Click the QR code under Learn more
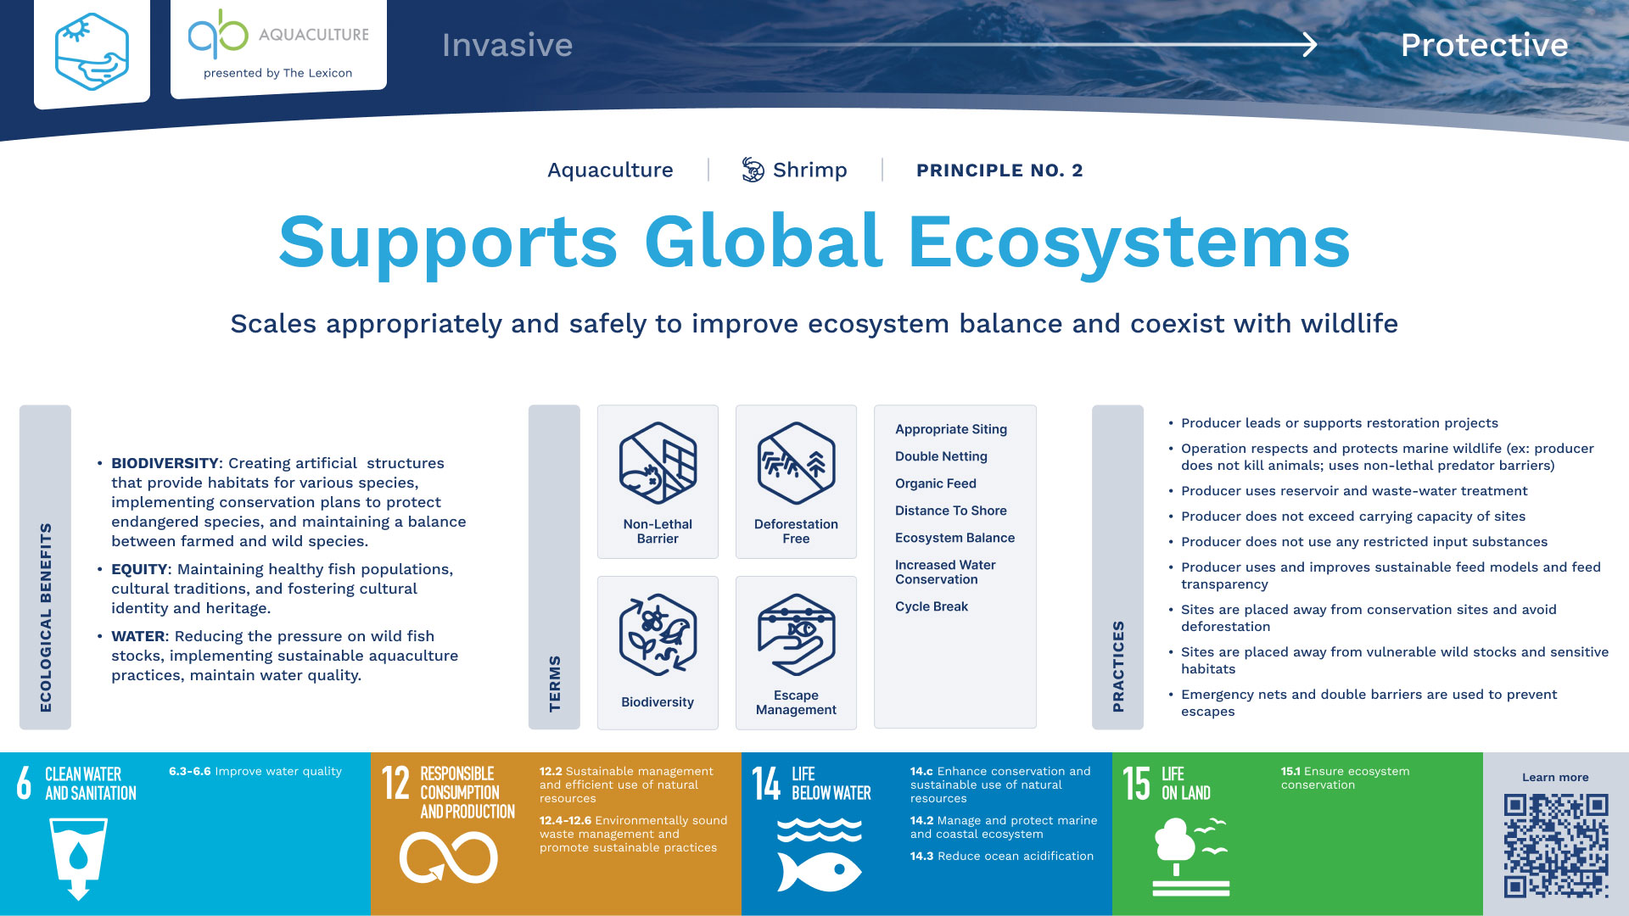1555,845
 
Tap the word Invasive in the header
507,45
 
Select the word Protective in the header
1484,45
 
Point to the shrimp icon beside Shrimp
753,170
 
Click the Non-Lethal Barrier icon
658,463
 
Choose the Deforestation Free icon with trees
796,463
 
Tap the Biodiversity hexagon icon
658,634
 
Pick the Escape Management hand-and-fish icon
796,634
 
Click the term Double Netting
941,456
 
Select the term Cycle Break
932,606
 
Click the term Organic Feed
936,483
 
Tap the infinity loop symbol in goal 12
449,857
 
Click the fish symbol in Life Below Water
820,870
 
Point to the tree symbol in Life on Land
1175,845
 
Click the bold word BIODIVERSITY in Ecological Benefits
165,463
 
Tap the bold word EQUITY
139,569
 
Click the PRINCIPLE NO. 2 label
999,170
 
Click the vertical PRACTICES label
1118,667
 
